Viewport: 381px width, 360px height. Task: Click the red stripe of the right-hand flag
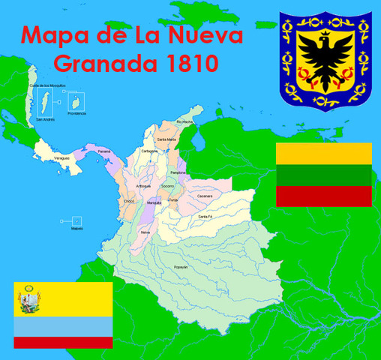324,196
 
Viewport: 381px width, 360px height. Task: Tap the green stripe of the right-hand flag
324,175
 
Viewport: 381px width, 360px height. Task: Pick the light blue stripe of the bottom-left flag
63,326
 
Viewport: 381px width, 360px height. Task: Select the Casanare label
205,196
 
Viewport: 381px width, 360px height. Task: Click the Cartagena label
148,150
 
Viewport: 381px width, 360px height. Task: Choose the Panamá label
103,151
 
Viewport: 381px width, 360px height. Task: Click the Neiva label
145,232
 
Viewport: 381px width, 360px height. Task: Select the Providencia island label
76,113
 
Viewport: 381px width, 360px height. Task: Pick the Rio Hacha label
184,121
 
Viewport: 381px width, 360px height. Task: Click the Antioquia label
143,186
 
